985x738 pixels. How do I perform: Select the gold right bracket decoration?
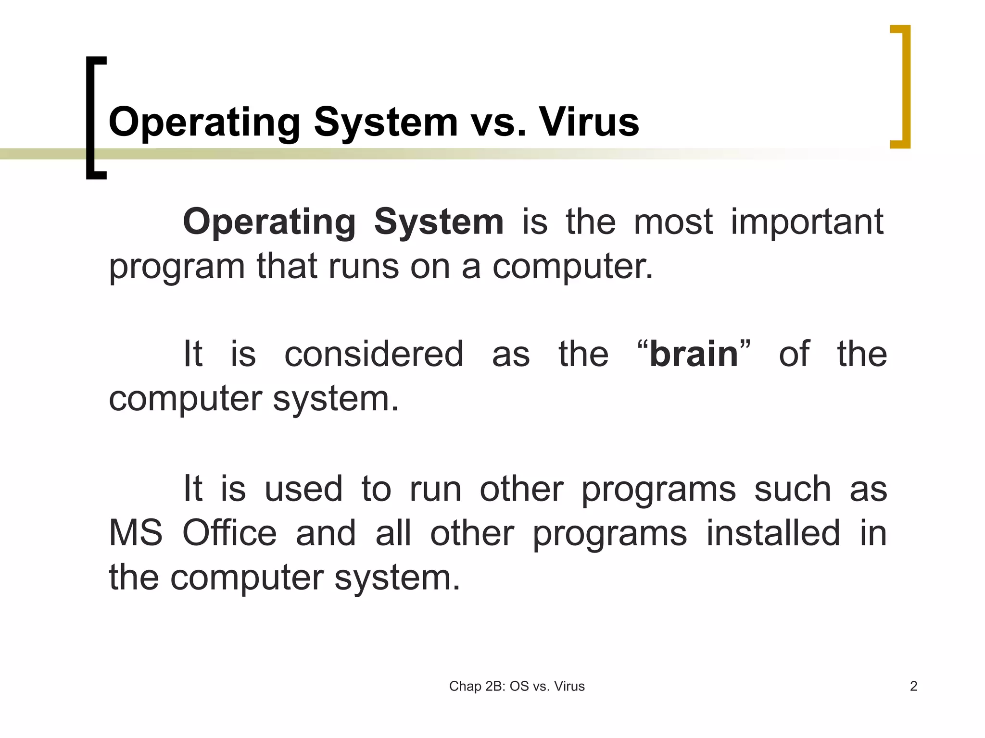point(906,86)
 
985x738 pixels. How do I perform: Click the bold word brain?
point(694,354)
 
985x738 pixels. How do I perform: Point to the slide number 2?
point(914,686)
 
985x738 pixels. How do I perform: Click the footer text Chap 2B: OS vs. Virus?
point(517,686)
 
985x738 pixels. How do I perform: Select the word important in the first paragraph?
point(807,222)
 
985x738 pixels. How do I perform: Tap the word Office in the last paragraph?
point(229,533)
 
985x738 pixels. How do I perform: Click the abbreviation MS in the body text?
point(136,533)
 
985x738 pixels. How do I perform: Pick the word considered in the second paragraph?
point(374,354)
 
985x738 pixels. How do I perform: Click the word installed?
point(773,533)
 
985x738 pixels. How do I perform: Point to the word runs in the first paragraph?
point(364,266)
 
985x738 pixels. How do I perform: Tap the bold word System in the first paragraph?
point(439,222)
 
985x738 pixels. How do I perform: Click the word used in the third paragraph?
point(303,489)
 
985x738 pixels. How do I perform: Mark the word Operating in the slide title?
point(205,122)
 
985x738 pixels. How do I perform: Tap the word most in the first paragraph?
point(673,222)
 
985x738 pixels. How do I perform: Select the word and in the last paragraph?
point(326,533)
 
